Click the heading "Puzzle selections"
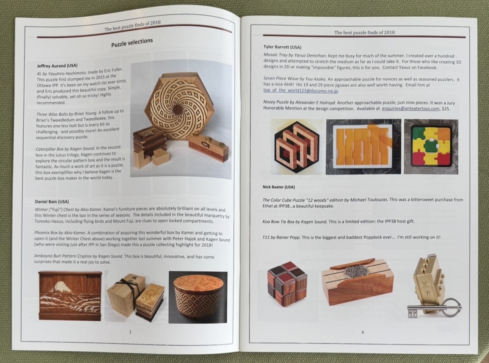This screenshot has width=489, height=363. [132, 42]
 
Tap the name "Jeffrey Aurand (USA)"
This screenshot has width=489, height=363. [57, 66]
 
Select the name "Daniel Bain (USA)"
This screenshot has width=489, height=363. [52, 202]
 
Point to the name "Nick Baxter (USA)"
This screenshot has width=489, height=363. [279, 187]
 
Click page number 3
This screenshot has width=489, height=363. [130, 332]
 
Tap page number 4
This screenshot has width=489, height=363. [362, 332]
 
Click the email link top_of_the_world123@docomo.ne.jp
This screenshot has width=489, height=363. [301, 90]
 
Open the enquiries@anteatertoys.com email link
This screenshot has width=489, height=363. [411, 108]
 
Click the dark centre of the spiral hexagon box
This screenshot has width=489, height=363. [177, 108]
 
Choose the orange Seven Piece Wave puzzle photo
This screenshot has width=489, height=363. [363, 147]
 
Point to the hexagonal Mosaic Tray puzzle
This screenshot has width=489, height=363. [296, 147]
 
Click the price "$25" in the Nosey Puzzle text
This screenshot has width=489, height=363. [446, 109]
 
